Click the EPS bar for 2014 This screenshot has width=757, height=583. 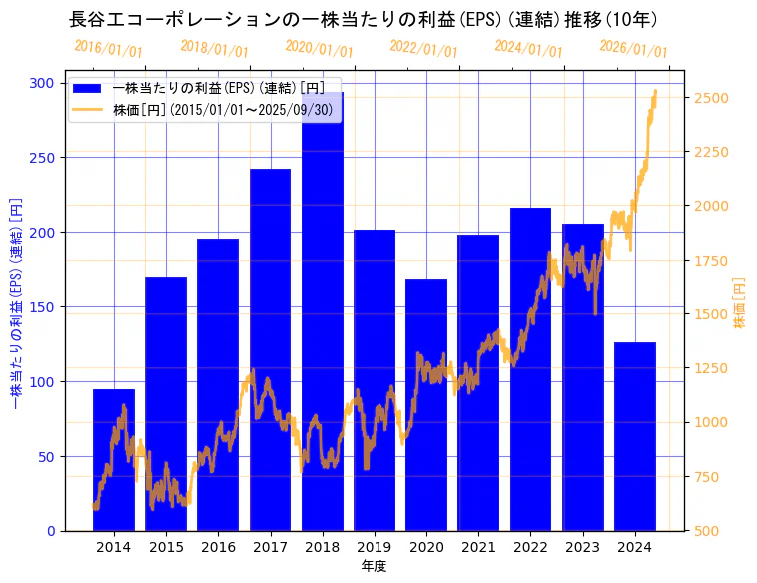tap(114, 460)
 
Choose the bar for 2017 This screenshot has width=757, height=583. tap(270, 349)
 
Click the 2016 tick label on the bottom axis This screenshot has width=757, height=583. tap(218, 547)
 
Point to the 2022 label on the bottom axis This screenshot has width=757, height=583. tap(530, 547)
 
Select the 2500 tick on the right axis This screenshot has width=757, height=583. tap(710, 98)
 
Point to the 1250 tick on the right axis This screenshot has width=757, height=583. tap(710, 368)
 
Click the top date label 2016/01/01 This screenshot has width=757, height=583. tap(108, 48)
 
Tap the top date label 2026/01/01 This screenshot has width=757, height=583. tap(633, 48)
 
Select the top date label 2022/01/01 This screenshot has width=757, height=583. tap(423, 48)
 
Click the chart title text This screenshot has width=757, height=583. tap(363, 20)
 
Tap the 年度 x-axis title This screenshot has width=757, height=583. tap(374, 566)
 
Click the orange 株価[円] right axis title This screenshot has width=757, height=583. tap(740, 302)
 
